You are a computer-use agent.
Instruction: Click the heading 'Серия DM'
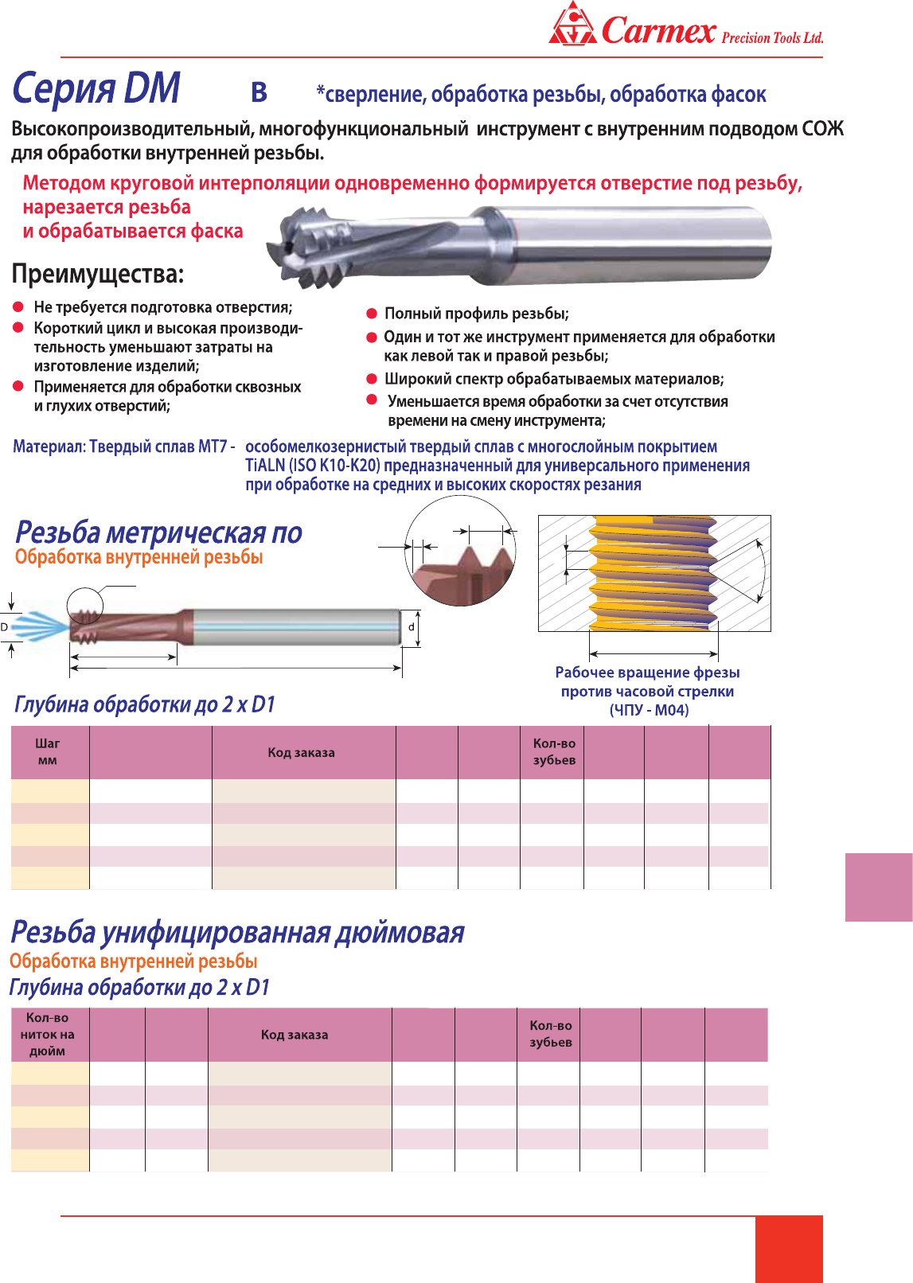[x=96, y=88]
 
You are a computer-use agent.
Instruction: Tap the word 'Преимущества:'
[x=98, y=275]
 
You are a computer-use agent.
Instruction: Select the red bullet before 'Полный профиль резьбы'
[x=372, y=314]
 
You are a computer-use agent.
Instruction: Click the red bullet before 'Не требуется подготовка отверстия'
[x=18, y=307]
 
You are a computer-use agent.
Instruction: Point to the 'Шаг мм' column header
[x=48, y=751]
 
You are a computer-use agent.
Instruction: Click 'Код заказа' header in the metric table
[x=301, y=752]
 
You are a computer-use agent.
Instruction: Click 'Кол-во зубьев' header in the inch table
[x=551, y=1034]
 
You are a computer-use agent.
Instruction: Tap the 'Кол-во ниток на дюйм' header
[x=48, y=1034]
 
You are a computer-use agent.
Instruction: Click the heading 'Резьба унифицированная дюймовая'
[x=237, y=932]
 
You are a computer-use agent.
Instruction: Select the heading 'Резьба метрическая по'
[x=158, y=532]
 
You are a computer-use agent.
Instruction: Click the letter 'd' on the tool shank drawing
[x=412, y=627]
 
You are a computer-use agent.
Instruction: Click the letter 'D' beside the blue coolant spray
[x=5, y=627]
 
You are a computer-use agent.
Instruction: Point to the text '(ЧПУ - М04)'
[x=649, y=710]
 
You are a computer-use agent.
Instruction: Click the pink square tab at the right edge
[x=879, y=887]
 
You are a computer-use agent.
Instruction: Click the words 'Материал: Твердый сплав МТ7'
[x=120, y=447]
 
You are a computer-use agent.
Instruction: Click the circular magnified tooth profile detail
[x=460, y=556]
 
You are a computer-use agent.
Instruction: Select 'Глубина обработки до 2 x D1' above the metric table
[x=145, y=704]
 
